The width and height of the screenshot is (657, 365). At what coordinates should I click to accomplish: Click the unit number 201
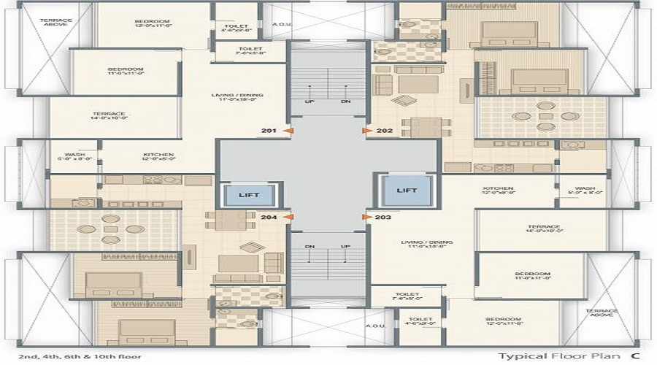pos(269,131)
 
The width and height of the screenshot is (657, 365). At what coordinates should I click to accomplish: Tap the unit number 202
pos(385,131)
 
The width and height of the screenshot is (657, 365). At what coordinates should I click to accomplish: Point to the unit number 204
pos(269,218)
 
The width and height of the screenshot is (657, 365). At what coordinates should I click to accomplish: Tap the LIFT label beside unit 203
pos(407,191)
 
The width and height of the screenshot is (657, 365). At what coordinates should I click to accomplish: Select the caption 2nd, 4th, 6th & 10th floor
pos(71,356)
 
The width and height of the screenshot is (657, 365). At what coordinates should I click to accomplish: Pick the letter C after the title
pos(636,356)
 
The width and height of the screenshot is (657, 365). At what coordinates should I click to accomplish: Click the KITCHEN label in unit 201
pos(158,155)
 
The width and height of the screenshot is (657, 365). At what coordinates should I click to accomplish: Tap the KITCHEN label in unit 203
pos(499,188)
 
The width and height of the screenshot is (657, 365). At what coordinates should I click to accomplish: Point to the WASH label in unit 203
pos(584,188)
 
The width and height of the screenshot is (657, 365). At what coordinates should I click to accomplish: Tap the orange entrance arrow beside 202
pos(367,131)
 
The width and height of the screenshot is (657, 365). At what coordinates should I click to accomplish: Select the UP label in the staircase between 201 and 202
pos(310,101)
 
